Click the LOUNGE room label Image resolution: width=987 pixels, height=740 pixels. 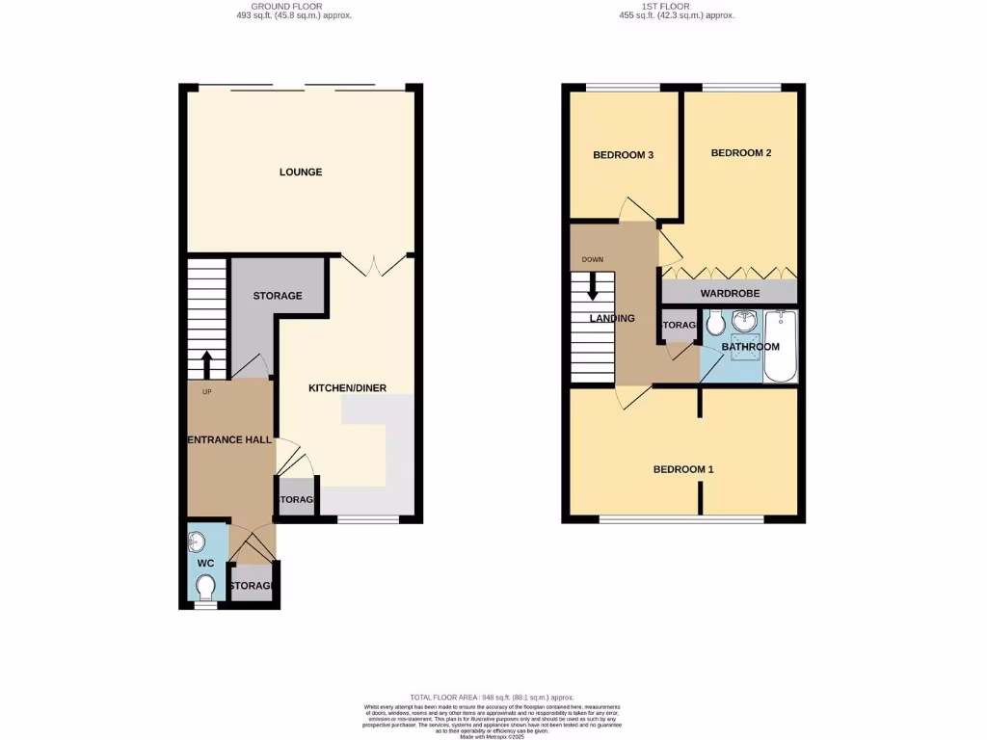[301, 172]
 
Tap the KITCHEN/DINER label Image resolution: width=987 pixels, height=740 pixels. [347, 388]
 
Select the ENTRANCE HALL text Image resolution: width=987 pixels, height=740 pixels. [229, 439]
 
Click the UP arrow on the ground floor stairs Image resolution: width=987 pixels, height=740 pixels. [206, 365]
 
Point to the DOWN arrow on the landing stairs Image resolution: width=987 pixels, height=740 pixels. [593, 286]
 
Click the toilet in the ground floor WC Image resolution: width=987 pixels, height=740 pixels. [204, 586]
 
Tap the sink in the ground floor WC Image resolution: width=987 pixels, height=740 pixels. [198, 541]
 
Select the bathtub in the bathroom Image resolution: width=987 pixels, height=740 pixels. [780, 347]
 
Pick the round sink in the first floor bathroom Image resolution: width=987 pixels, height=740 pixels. [744, 321]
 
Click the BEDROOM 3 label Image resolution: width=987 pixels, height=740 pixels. [624, 155]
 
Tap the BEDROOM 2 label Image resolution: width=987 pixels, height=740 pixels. [741, 153]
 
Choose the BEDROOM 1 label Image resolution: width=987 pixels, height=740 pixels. [683, 469]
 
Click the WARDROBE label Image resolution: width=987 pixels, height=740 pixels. [730, 293]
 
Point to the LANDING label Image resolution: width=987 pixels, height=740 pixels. [612, 319]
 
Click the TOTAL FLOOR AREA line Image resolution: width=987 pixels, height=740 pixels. [493, 697]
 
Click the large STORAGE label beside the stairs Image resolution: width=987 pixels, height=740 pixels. [278, 296]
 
